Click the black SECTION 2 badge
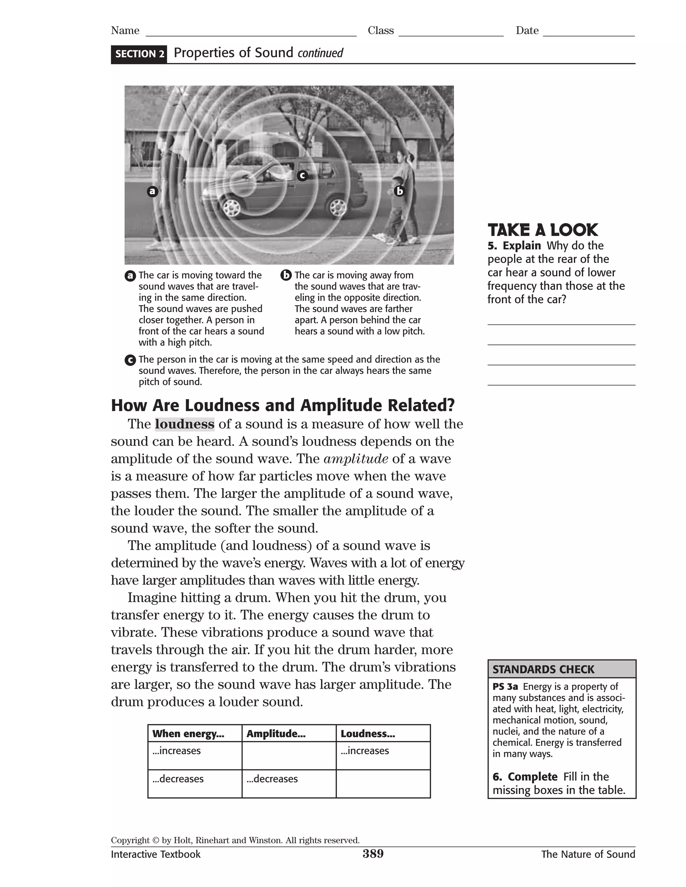pos(139,54)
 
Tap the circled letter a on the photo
pos(152,191)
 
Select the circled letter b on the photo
pos(400,191)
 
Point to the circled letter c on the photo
pos(302,175)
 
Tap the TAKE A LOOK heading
pos(543,230)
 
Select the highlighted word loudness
pos(185,424)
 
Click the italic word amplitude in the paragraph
pos(356,459)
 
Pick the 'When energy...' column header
pos(188,733)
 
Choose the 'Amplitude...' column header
pos(276,733)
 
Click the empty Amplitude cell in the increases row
pos(289,756)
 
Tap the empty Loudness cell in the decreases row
pos(383,784)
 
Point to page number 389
pos(373,854)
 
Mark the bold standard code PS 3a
pos(505,687)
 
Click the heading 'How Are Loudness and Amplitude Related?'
pos(283,405)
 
